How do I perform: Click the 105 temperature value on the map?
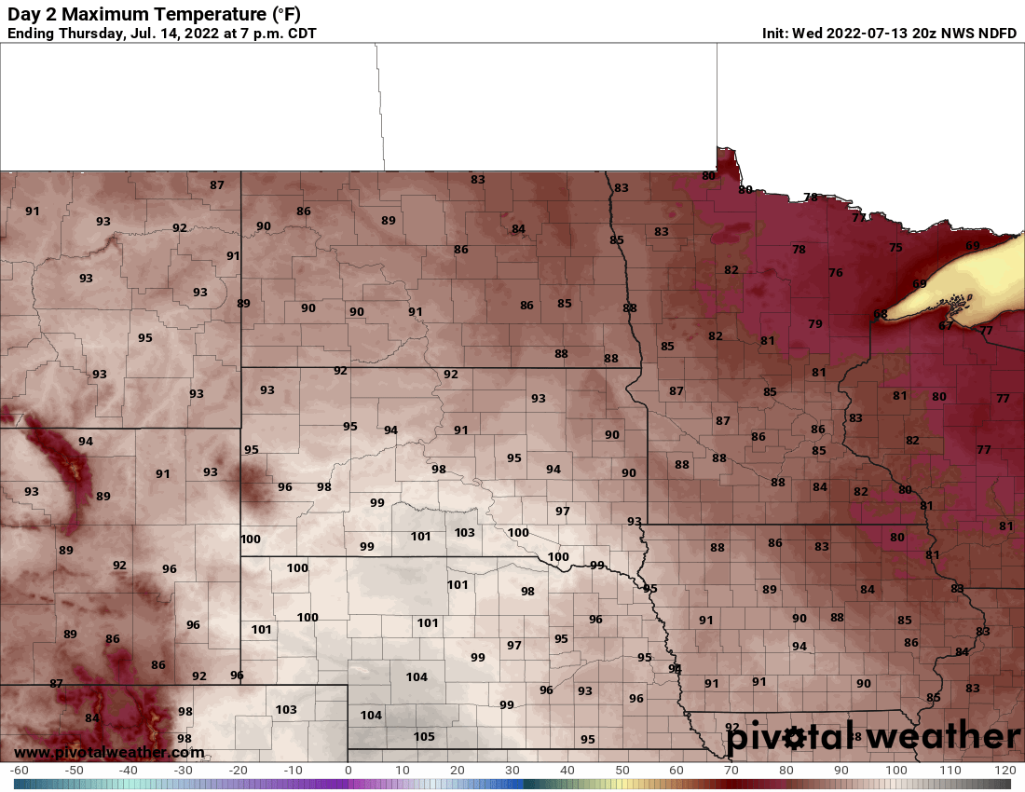click(x=424, y=736)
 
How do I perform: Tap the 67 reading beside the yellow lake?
click(x=945, y=326)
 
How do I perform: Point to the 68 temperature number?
click(x=881, y=314)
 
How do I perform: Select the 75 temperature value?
click(x=895, y=247)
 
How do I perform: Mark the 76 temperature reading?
click(x=836, y=272)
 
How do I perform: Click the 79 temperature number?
click(x=815, y=323)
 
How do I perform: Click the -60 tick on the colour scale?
click(x=19, y=771)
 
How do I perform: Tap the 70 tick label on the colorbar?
click(x=731, y=771)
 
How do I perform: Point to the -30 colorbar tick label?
click(x=184, y=771)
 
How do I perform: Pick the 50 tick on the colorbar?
click(x=622, y=771)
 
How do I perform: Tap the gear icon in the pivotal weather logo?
click(x=794, y=738)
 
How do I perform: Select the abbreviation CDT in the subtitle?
click(x=298, y=34)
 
